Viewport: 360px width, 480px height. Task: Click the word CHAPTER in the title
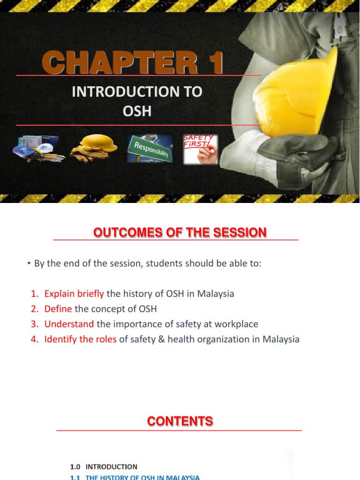[120, 63]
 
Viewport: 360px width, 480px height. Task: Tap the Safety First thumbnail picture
[200, 150]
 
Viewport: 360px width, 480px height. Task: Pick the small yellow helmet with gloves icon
[94, 148]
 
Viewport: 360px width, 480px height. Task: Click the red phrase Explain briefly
[74, 294]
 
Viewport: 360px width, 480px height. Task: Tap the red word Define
[58, 309]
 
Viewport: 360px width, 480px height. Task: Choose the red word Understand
[69, 324]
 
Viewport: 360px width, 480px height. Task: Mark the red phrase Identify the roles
[80, 339]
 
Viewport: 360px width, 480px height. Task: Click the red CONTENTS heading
[180, 421]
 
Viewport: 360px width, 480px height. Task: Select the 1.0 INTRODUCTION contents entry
[104, 466]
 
